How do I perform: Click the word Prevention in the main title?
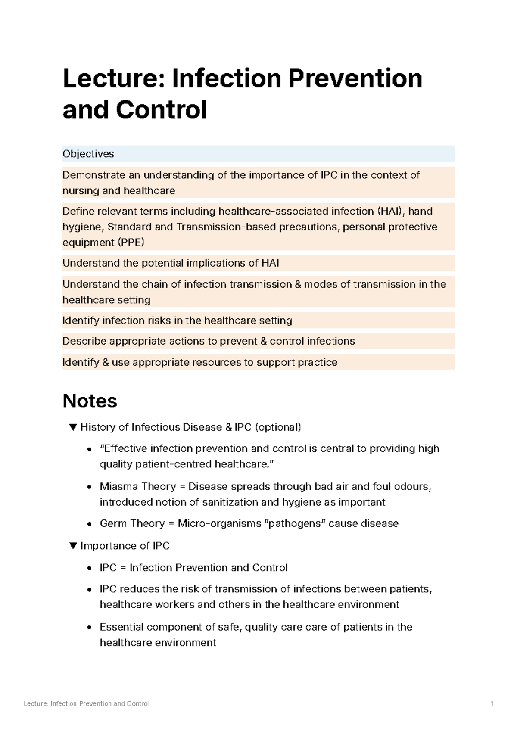tap(355, 79)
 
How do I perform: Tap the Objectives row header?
tap(88, 154)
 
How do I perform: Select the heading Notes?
tap(90, 401)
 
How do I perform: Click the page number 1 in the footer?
tap(492, 704)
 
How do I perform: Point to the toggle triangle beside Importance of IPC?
tap(73, 546)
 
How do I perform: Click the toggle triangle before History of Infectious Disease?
tap(73, 427)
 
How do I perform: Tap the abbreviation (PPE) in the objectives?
tap(131, 243)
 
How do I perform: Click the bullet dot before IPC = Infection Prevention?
tap(89, 568)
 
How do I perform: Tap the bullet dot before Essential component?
tap(89, 628)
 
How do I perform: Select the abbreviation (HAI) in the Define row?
tap(392, 212)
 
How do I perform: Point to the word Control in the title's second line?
tap(161, 110)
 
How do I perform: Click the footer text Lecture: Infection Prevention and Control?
tap(87, 704)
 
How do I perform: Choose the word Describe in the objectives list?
tap(84, 341)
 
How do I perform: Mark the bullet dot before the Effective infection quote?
tap(89, 449)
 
